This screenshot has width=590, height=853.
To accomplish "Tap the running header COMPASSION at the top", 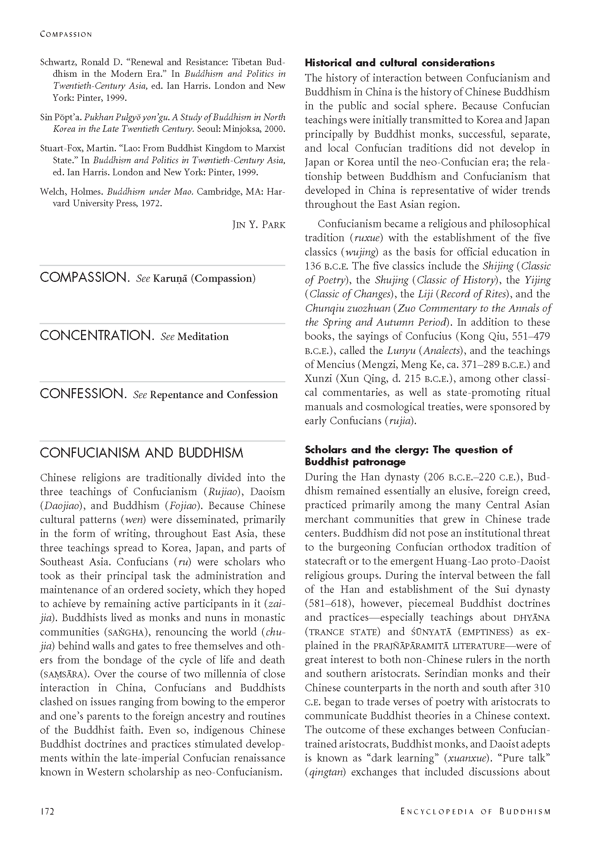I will [x=66, y=34].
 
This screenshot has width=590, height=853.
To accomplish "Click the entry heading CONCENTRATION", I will [x=96, y=336].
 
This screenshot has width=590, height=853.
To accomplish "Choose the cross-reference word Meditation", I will [x=203, y=337].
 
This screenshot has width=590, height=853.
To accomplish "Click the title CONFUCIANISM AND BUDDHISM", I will [x=141, y=453].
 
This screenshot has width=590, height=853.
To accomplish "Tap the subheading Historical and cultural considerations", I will [x=400, y=63].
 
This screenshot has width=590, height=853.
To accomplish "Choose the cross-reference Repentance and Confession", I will [x=214, y=395].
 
